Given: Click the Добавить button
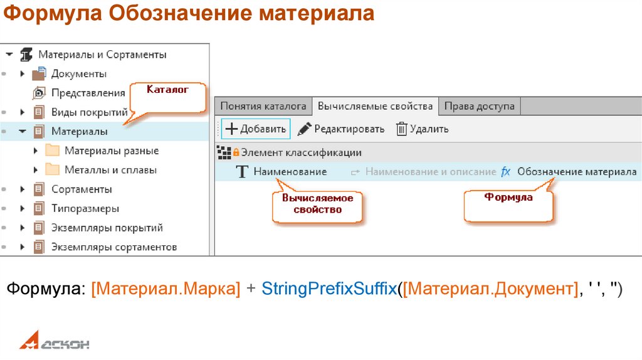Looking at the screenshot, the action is (x=256, y=129).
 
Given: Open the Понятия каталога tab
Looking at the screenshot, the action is (x=263, y=106).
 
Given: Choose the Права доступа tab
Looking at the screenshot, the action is (x=479, y=106).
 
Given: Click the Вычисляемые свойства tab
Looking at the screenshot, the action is (x=375, y=106).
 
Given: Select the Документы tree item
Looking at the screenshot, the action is (x=78, y=74).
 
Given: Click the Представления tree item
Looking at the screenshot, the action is (x=88, y=93).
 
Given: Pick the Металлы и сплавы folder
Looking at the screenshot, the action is (x=110, y=170).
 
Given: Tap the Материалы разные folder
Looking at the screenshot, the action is (x=111, y=151).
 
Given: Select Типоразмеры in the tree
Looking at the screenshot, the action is (x=85, y=208).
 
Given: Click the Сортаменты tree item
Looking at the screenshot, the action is (x=82, y=189).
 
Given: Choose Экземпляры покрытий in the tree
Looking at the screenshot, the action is (x=107, y=228).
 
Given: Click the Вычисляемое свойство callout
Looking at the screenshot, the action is (x=317, y=204).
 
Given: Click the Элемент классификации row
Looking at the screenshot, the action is (x=301, y=152).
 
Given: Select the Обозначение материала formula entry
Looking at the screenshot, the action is (x=576, y=171).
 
